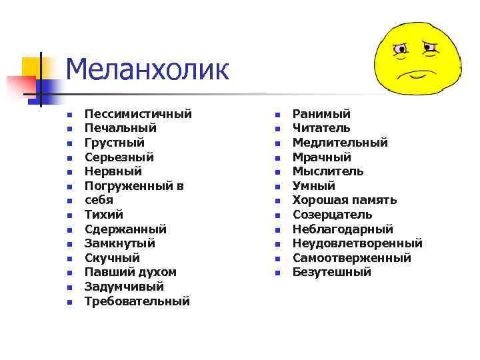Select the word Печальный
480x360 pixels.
point(121,128)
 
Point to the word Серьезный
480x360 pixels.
point(119,157)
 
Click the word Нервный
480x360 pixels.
point(113,171)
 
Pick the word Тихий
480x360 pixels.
point(104,215)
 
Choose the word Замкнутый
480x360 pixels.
point(120,243)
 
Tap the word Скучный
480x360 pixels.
point(112,258)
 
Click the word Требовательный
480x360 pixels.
point(137,301)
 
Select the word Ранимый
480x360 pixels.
point(321,114)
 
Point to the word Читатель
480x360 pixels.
point(321,128)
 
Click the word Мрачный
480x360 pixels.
point(322,157)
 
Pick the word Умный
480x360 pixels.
point(314,186)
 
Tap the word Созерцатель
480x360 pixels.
point(333,215)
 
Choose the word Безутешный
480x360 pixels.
point(332,273)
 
